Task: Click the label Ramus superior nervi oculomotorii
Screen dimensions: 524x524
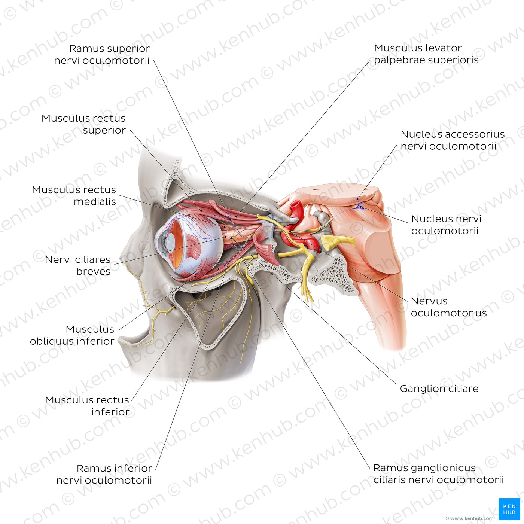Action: click(102, 54)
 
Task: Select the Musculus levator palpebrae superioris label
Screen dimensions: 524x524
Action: click(426, 54)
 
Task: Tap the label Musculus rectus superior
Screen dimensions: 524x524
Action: click(83, 124)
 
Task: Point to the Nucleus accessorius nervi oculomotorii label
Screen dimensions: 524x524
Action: click(453, 140)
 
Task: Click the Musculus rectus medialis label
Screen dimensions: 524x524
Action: click(74, 195)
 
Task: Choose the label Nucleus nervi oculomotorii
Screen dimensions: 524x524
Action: click(446, 225)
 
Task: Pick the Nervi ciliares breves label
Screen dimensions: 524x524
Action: click(78, 265)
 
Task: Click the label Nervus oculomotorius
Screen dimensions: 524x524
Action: click(449, 307)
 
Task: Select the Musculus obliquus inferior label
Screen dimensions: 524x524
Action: click(72, 335)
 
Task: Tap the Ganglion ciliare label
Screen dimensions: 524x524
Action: click(439, 389)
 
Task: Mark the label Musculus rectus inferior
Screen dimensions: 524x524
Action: click(87, 406)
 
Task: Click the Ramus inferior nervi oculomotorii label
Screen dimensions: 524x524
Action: click(104, 474)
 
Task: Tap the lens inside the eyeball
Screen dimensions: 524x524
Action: click(171, 240)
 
